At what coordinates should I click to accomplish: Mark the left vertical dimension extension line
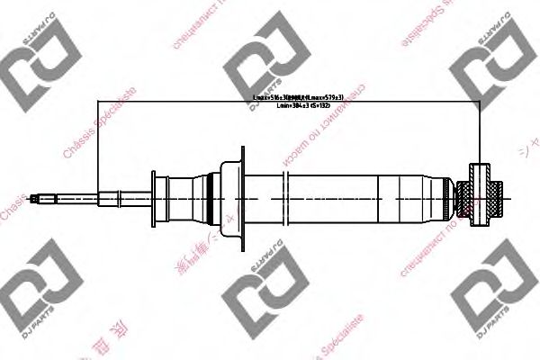[x=100, y=144]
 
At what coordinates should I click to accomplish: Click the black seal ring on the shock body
[x=211, y=195]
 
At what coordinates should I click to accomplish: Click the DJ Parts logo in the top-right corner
[x=490, y=68]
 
